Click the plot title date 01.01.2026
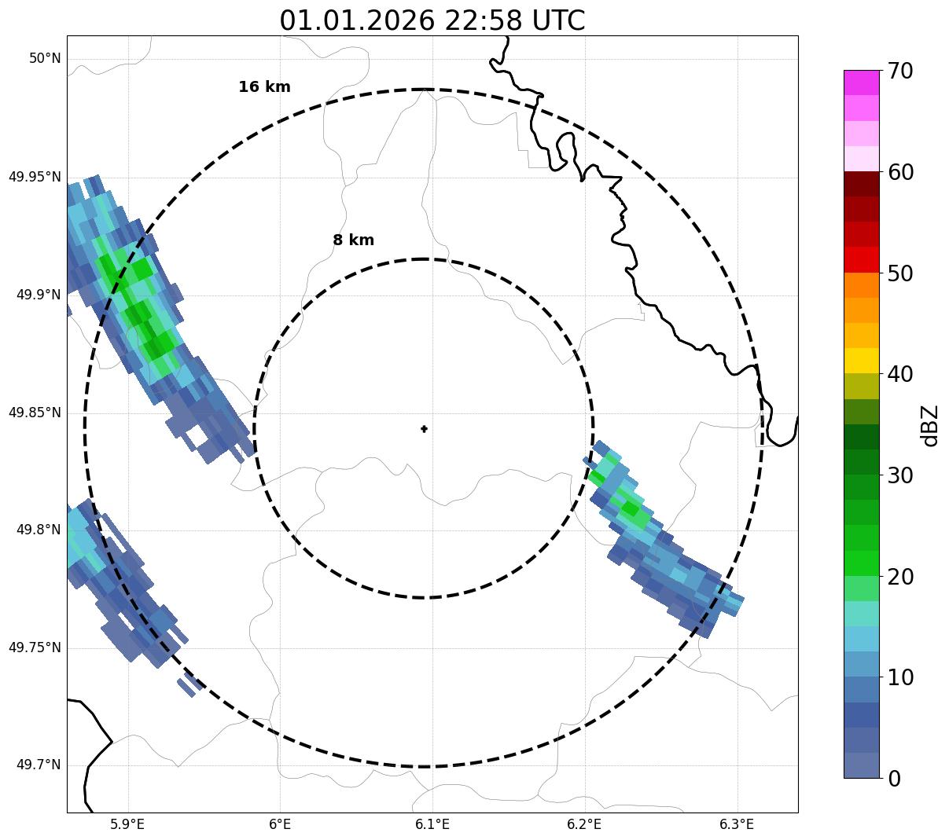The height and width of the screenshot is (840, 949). point(356,20)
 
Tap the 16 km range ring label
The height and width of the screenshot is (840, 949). point(264,87)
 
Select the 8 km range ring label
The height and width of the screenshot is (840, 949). point(353,240)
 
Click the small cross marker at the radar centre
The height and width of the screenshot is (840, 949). point(425,429)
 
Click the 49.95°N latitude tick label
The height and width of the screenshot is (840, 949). point(35,177)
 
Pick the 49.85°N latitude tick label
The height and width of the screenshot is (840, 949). point(35,413)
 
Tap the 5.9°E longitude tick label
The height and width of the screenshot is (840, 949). point(127,824)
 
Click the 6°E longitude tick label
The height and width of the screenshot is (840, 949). point(280,824)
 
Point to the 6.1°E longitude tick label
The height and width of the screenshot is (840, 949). point(432,824)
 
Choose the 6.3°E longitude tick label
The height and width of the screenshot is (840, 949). point(737,824)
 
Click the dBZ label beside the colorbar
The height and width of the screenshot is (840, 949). point(930,425)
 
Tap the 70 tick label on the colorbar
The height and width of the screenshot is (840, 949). point(899,72)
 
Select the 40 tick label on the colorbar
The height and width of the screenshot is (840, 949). point(899,374)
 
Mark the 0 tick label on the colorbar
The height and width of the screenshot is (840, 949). point(894,779)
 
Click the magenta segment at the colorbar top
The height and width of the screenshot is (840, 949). point(862,83)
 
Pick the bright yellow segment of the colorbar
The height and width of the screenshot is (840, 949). point(862,361)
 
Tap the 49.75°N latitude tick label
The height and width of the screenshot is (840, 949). point(35,647)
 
